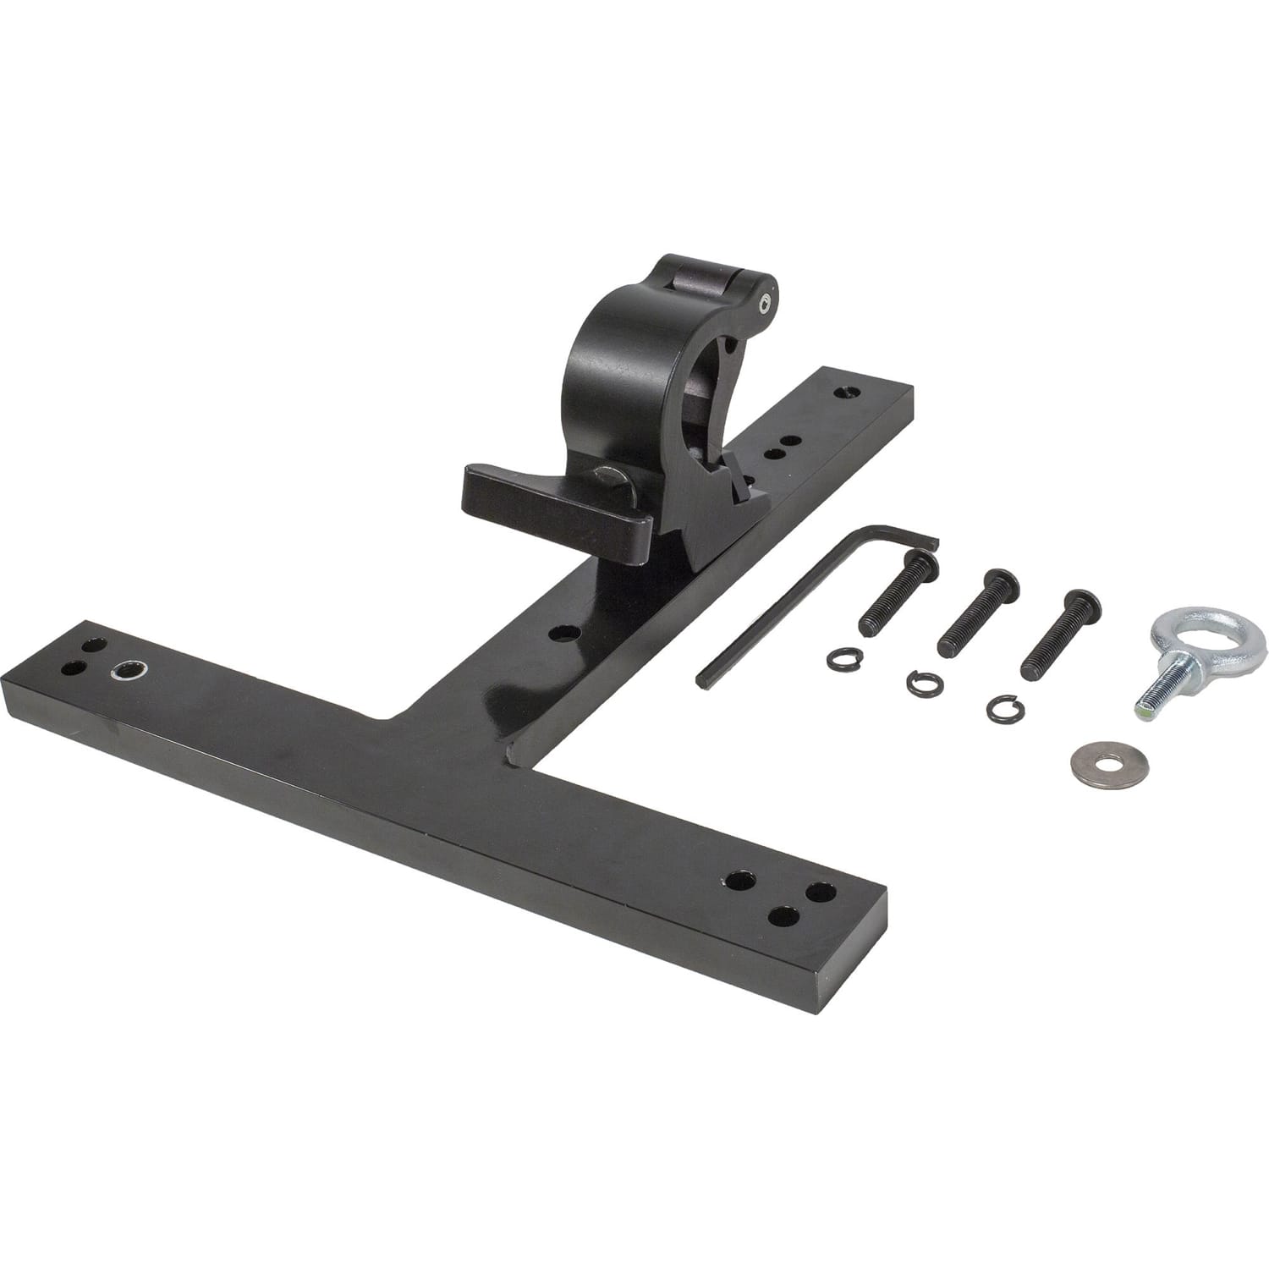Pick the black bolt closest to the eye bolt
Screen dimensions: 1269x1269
tap(1057, 634)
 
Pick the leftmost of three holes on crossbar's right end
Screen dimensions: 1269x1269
tap(741, 880)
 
